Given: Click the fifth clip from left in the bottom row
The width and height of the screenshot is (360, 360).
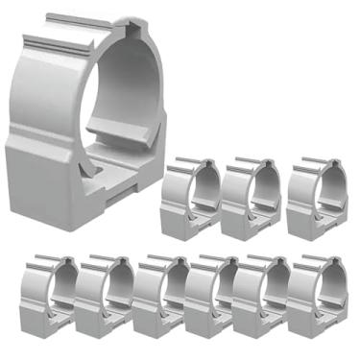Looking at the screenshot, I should [x=260, y=298].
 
